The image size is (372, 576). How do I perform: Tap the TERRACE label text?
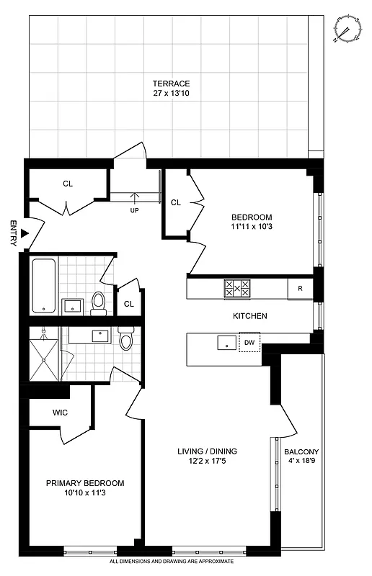point(171,84)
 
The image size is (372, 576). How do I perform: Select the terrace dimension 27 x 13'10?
point(171,94)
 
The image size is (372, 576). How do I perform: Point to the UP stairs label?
point(134,211)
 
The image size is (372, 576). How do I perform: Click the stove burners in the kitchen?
point(237,288)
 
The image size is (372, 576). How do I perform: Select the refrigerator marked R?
point(299,289)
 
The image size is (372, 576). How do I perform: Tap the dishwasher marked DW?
point(249,343)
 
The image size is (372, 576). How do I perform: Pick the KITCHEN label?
point(250,316)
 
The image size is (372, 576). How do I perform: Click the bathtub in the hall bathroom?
point(45,285)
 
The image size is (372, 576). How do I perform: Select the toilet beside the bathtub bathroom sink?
point(99,302)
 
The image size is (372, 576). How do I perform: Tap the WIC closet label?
point(61,413)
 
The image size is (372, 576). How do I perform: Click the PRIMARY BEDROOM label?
point(85,483)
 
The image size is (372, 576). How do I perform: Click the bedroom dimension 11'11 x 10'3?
point(252,227)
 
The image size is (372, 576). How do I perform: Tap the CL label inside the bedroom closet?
point(176,202)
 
